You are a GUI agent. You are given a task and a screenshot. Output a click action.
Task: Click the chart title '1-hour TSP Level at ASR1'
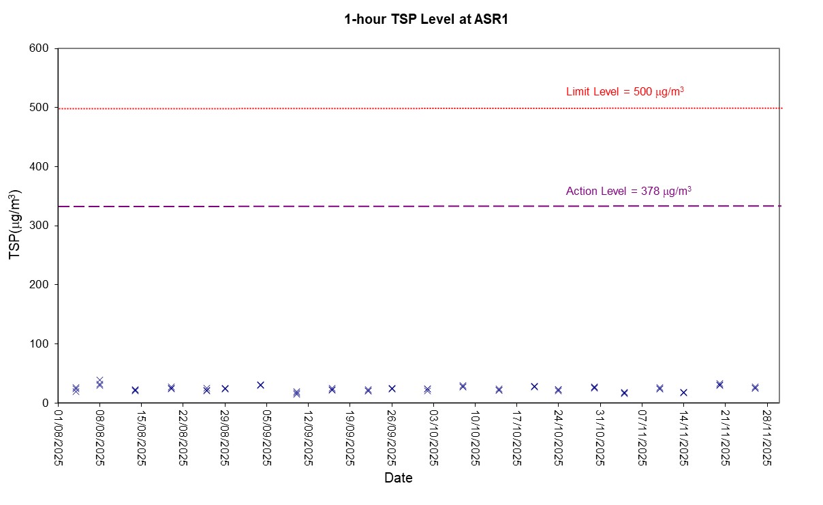tap(426, 20)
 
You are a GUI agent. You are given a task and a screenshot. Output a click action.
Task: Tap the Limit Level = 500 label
tap(625, 91)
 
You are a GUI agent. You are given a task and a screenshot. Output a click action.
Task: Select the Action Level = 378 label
tap(628, 191)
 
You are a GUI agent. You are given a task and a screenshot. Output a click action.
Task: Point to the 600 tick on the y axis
tap(40, 48)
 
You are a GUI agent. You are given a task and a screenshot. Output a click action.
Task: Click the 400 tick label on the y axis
tap(40, 166)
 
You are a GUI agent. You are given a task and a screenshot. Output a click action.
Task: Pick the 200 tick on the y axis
tap(40, 284)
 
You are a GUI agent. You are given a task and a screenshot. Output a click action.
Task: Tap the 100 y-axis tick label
tap(40, 343)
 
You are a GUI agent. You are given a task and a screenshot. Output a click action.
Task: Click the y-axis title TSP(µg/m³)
tap(14, 225)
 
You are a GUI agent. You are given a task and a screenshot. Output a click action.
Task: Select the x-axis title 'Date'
tap(398, 478)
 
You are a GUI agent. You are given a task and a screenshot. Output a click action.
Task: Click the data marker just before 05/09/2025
tap(260, 385)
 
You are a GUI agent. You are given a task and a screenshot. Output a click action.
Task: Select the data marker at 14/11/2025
tap(684, 393)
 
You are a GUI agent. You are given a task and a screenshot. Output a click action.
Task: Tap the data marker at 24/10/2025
tap(558, 390)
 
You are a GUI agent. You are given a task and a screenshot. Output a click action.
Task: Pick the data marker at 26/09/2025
tap(392, 388)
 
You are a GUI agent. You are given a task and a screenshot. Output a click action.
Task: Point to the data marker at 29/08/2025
tap(225, 388)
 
